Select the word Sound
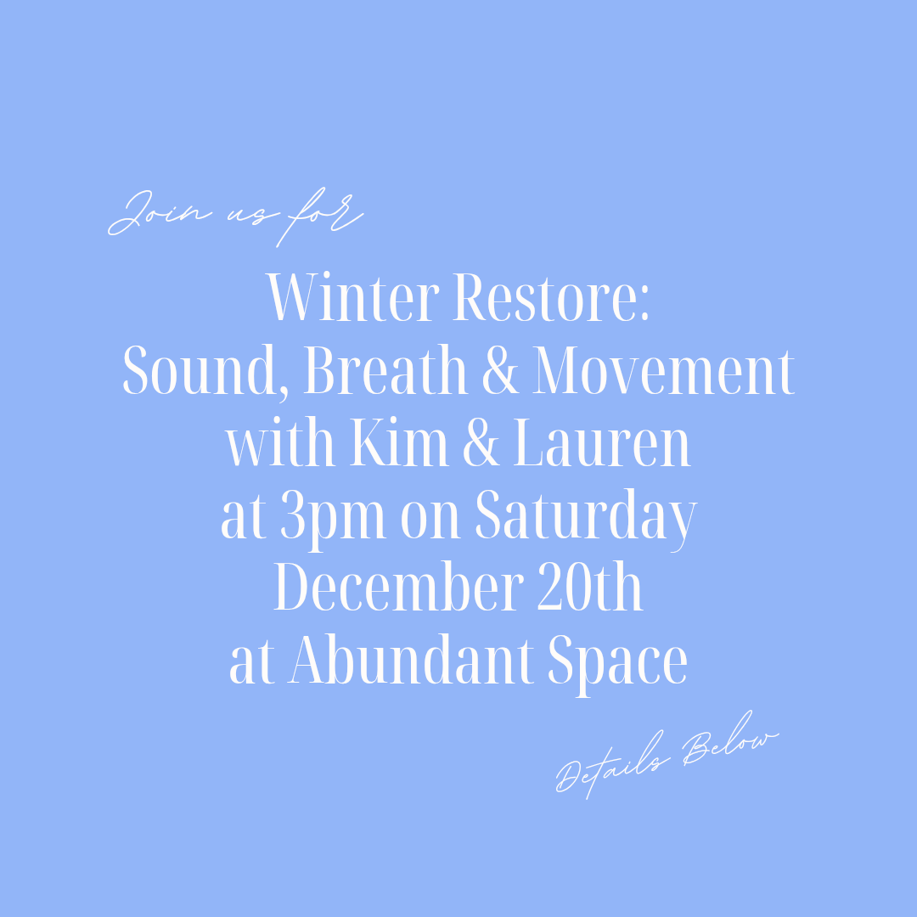[x=209, y=372]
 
